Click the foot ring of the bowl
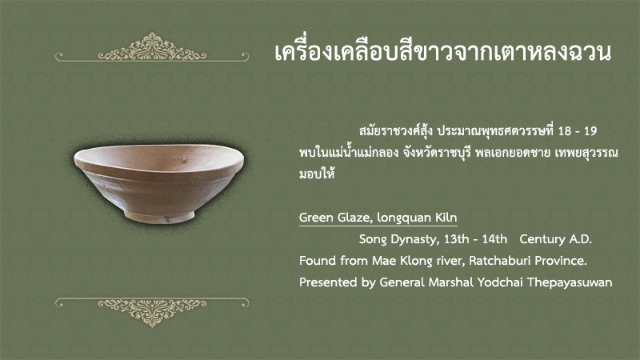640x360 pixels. click(159, 216)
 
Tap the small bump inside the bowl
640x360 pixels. click(184, 160)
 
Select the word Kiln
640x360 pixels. click(446, 218)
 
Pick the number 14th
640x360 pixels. click(494, 238)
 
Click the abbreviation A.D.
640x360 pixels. click(580, 238)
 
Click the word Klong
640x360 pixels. click(412, 262)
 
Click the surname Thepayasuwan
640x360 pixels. click(570, 283)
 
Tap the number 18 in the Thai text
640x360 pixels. click(565, 131)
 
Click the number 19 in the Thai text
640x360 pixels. click(590, 131)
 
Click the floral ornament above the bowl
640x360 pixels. click(152, 47)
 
